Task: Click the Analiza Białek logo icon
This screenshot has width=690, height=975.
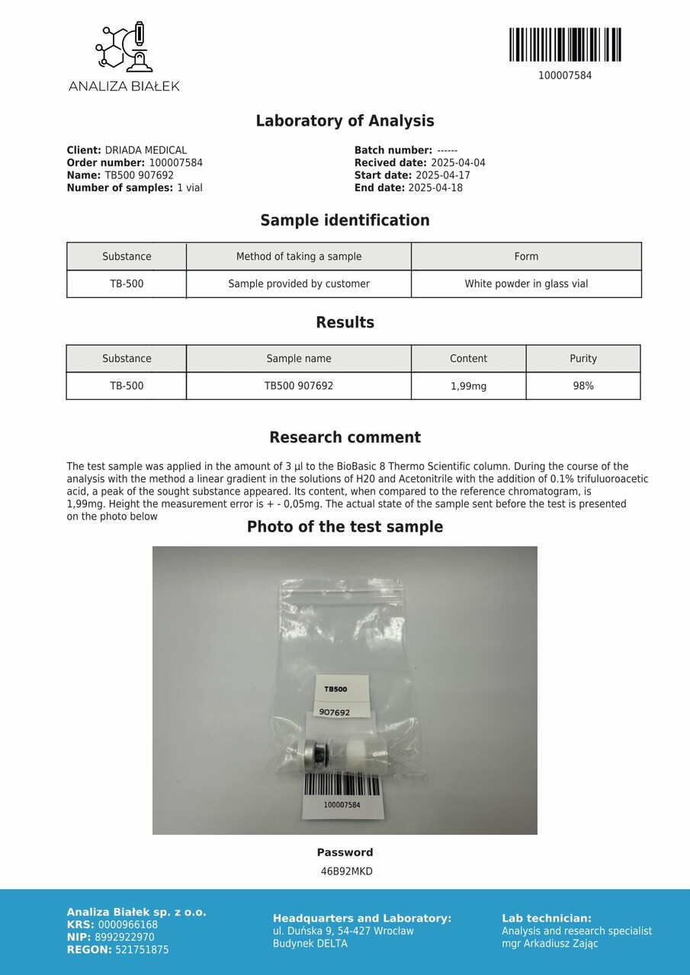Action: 124,48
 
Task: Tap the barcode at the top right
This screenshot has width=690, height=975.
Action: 565,45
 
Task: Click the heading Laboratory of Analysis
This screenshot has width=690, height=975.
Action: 345,121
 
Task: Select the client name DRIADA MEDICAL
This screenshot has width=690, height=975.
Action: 146,151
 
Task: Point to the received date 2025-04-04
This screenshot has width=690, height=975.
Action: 457,163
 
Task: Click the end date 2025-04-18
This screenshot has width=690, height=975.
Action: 435,188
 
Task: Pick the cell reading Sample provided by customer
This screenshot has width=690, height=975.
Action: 299,284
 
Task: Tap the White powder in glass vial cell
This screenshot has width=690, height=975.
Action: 526,284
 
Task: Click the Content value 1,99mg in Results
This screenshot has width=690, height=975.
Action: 468,386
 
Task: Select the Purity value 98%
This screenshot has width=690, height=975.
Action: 583,386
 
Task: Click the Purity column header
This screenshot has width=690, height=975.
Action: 583,359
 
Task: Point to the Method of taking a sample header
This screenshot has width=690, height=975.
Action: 299,257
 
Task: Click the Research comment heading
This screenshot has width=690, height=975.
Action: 345,438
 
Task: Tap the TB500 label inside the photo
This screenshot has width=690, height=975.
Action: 335,689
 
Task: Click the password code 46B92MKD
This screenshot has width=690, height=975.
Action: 346,871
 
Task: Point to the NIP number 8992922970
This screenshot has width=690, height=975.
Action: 126,938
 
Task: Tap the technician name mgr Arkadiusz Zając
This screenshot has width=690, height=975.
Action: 550,944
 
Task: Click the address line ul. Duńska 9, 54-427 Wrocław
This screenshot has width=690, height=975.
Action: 343,931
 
